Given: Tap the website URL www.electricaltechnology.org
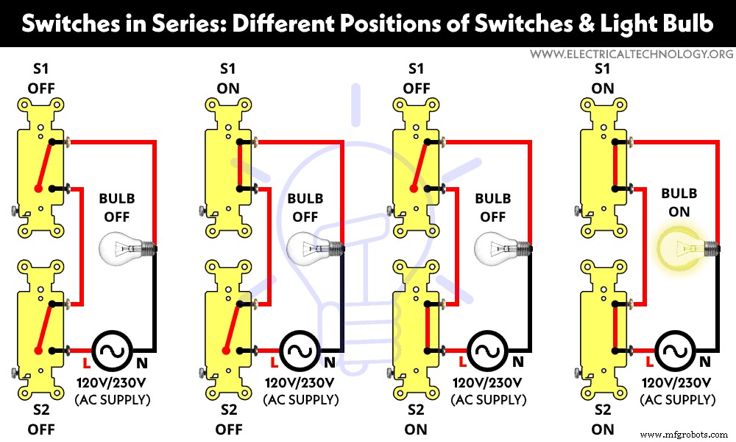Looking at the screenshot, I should (631, 55).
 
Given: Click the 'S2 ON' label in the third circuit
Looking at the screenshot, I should (416, 420).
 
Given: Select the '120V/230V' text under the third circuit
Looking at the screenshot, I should (489, 383).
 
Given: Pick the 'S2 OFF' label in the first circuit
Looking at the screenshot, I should (38, 420).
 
